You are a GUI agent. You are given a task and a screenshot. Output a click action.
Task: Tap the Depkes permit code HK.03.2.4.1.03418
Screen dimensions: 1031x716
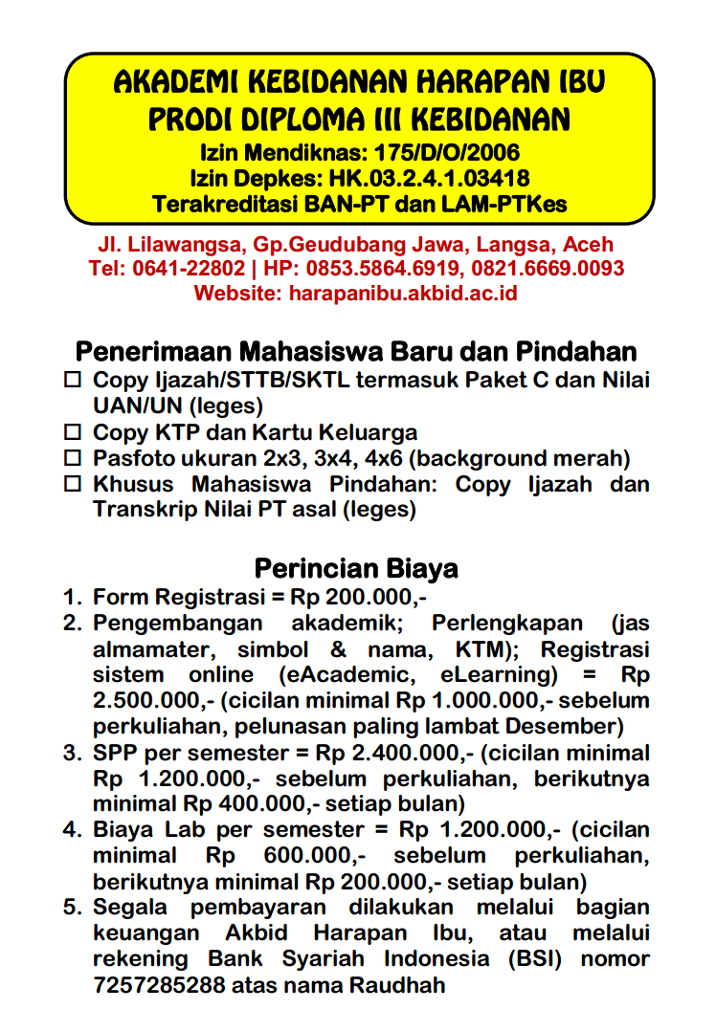click(430, 178)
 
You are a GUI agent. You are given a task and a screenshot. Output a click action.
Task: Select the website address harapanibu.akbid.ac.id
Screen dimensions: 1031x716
click(403, 293)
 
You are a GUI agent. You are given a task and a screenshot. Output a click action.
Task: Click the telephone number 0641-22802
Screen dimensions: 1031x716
click(188, 269)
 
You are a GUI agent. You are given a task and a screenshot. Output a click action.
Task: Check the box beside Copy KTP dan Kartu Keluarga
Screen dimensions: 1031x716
click(73, 432)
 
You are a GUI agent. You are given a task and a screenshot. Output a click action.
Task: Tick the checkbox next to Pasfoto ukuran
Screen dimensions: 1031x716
click(73, 458)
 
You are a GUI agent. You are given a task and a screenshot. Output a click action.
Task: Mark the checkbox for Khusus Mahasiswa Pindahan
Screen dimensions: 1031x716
click(73, 484)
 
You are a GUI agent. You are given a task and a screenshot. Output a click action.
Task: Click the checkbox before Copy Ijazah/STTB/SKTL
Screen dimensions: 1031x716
click(73, 381)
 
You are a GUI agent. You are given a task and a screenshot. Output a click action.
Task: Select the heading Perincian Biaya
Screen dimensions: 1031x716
click(356, 569)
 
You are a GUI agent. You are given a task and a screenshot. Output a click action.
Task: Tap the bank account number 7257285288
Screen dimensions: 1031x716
click(159, 985)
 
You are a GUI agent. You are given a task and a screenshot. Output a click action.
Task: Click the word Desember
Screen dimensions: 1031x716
click(571, 726)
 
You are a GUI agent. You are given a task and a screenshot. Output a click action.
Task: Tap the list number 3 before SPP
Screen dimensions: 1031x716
click(72, 753)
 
